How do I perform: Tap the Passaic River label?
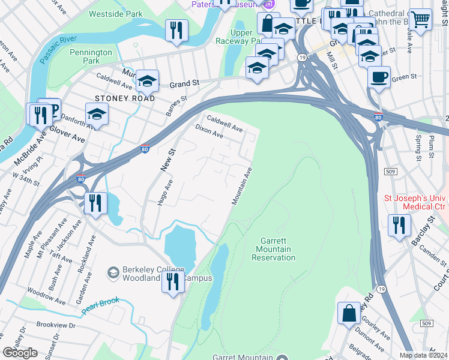coord(59,48)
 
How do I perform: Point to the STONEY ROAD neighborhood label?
coord(124,98)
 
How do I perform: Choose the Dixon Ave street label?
coord(209,132)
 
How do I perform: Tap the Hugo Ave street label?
coord(165,193)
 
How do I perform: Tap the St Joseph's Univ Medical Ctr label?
coord(415,202)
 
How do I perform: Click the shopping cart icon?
coord(421,19)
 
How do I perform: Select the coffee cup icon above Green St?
coord(379,77)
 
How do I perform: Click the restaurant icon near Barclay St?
coord(399,225)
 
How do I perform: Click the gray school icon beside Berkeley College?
coord(112,274)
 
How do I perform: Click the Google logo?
coord(20,353)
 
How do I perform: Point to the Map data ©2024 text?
coord(423,355)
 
